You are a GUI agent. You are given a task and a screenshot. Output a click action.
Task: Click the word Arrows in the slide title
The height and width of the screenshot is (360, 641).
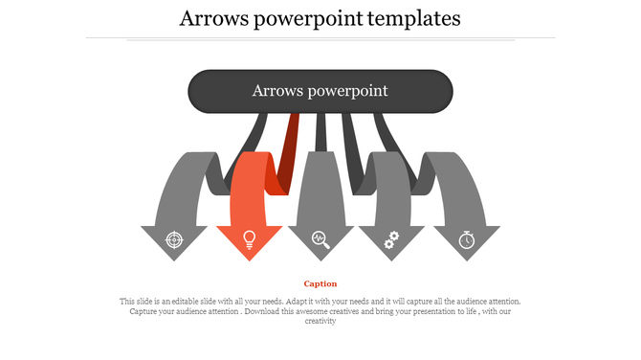click(x=216, y=18)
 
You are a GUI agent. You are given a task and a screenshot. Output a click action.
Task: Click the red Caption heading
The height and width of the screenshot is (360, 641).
click(x=320, y=283)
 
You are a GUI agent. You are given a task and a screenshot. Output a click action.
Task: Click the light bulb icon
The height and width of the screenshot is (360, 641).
click(x=249, y=238)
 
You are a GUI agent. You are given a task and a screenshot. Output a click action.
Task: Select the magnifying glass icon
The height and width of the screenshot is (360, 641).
click(x=321, y=239)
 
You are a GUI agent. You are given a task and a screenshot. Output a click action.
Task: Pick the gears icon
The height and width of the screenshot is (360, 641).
click(x=390, y=240)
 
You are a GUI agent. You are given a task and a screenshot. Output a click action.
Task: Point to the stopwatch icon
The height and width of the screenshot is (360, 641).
click(x=466, y=239)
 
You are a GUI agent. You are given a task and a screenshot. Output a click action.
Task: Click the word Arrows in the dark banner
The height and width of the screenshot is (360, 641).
click(x=276, y=91)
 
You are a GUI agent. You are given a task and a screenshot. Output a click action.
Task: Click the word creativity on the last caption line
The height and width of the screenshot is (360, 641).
click(x=320, y=322)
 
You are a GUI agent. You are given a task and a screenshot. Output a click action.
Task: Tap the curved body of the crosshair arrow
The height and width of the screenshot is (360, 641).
click(x=182, y=187)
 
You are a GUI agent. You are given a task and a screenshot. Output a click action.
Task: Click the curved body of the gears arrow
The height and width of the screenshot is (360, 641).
click(x=388, y=187)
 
